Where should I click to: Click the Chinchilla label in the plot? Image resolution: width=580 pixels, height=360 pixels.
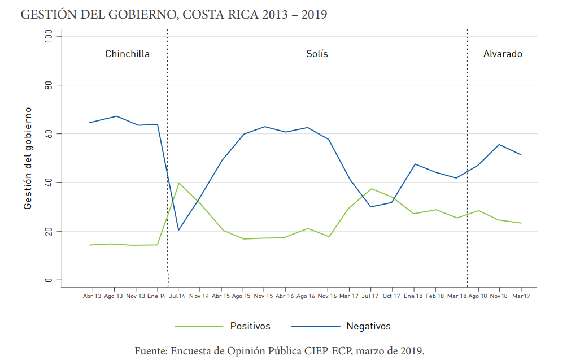[x=127, y=54]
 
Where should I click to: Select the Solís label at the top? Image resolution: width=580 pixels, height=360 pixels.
[x=317, y=54]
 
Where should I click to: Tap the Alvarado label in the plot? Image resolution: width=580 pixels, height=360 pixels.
[x=502, y=54]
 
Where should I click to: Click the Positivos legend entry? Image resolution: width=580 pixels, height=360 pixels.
[x=250, y=326]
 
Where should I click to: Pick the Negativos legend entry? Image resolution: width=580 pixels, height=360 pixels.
[x=368, y=326]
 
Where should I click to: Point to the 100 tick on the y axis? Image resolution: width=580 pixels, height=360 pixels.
[x=48, y=36]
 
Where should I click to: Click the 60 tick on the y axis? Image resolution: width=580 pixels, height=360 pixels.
[x=48, y=134]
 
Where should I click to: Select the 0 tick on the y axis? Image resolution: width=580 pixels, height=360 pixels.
[x=48, y=280]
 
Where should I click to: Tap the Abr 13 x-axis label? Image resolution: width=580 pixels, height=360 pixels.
[x=92, y=296]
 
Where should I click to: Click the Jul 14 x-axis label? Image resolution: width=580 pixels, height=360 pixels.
[x=178, y=296]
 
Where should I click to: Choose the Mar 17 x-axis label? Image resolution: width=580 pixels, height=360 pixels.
[x=348, y=296]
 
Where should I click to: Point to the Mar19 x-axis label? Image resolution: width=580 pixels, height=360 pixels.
[x=520, y=296]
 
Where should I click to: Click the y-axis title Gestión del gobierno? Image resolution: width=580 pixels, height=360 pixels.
[x=28, y=158]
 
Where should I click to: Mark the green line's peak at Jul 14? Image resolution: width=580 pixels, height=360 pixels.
[x=178, y=183]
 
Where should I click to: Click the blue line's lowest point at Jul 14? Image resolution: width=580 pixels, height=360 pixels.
[x=178, y=230]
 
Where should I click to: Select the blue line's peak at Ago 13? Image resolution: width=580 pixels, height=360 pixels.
[x=116, y=116]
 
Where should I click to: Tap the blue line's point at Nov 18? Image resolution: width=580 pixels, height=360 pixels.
[x=499, y=145]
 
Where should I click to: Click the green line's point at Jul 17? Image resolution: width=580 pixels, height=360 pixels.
[x=370, y=189]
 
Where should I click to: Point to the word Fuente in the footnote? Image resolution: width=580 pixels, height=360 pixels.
[x=150, y=350]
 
